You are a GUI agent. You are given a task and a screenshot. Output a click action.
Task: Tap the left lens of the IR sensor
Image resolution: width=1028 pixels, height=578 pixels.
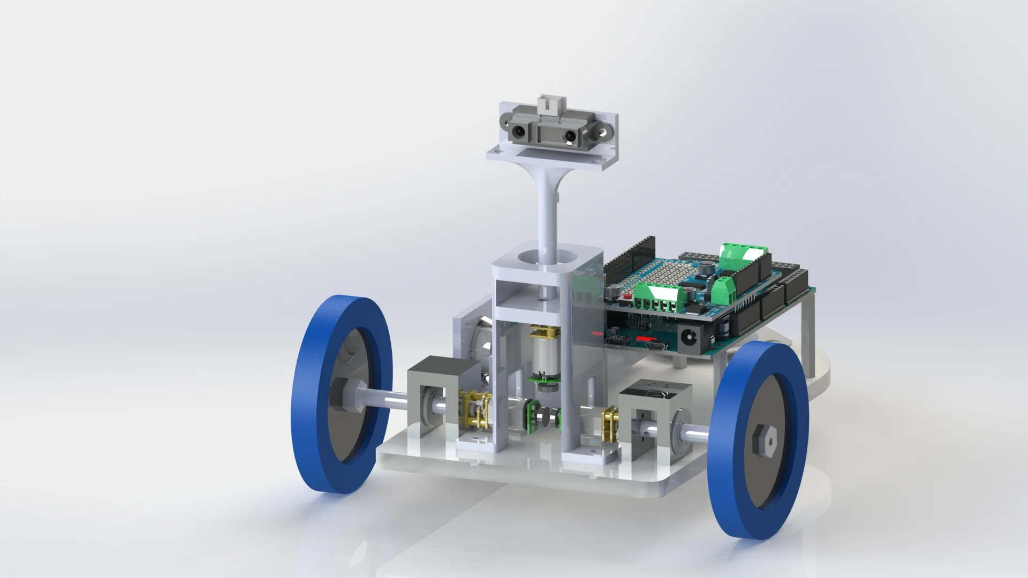coord(145,130)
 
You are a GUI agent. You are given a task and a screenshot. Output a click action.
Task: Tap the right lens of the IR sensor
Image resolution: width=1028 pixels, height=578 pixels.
coord(571,137)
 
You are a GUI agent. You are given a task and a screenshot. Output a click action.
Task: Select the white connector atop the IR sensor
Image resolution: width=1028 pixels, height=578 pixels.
coord(548,102)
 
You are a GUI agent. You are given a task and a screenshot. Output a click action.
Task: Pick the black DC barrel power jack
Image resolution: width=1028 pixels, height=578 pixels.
coord(688,337)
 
